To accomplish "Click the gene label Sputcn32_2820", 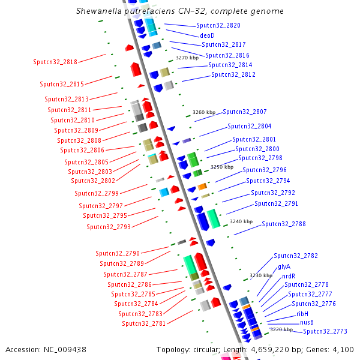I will pyautogui.click(x=218, y=26).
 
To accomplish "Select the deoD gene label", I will pyautogui.click(x=207, y=35).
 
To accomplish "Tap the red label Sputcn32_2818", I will pyautogui.click(x=55, y=62).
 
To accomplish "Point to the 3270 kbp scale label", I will pyautogui.click(x=187, y=58).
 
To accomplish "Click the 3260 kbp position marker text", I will pyautogui.click(x=204, y=112).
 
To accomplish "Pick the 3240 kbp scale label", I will pyautogui.click(x=241, y=221).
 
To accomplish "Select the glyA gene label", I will pyautogui.click(x=284, y=266).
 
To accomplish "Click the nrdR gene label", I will pyautogui.click(x=289, y=276).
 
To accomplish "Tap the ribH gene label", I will pyautogui.click(x=302, y=314).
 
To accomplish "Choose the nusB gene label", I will pyautogui.click(x=307, y=322).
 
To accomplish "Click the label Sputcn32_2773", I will pyautogui.click(x=325, y=331).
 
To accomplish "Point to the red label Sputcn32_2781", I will pyautogui.click(x=144, y=323).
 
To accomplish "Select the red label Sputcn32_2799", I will pyautogui.click(x=97, y=193).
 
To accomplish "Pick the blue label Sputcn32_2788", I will pyautogui.click(x=284, y=224).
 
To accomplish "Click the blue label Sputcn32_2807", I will pyautogui.click(x=245, y=112).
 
